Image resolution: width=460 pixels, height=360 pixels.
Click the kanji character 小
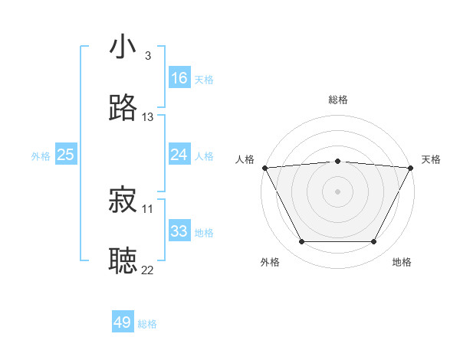123,47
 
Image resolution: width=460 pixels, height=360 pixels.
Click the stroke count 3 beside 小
148,56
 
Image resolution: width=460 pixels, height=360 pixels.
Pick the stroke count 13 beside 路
148,117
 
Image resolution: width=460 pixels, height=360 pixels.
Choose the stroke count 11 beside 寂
148,208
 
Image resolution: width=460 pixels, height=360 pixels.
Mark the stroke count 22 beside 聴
148,269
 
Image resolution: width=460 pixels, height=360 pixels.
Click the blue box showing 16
179,78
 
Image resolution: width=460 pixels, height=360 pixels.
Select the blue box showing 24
179,155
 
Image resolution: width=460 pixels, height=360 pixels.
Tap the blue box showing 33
179,231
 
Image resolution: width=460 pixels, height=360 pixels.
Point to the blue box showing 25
66,155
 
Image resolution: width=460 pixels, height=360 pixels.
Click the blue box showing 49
123,322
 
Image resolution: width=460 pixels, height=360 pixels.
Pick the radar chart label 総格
338,100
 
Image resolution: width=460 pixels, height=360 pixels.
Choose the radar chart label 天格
431,159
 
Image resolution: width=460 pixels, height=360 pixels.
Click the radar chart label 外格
270,262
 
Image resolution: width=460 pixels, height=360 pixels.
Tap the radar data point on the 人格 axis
264,167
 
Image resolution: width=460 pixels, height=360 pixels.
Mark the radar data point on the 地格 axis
374,242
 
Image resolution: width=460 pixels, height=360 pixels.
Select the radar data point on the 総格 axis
338,161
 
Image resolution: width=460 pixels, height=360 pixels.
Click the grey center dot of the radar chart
338,191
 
